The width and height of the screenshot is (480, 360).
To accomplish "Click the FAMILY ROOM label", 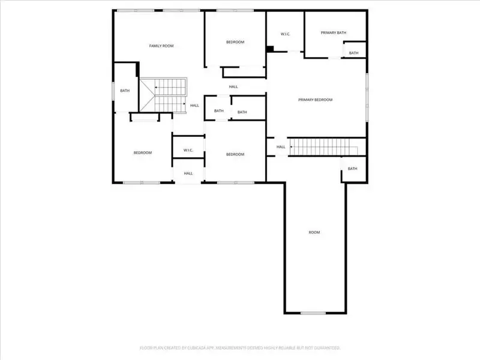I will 161,46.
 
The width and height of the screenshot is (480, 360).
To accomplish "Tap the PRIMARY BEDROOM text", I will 315,100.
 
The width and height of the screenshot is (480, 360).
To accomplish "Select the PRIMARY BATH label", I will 333,33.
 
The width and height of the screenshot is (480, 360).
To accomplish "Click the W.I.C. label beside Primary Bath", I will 285,34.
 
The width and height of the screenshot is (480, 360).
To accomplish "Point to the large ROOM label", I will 314,232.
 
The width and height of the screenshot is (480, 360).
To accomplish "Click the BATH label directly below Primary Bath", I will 353,53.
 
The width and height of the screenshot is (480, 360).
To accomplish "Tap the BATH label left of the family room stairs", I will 125,91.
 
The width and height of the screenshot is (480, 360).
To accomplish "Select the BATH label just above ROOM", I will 352,169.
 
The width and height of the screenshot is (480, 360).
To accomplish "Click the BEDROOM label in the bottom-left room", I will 142,153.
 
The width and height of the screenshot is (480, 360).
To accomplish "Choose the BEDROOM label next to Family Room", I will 235,42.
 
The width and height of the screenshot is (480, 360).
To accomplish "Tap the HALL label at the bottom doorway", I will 188,173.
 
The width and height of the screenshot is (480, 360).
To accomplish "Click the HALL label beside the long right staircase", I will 281,147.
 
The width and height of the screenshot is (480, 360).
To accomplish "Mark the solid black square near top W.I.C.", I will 270,49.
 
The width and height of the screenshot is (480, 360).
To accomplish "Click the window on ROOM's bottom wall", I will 313,313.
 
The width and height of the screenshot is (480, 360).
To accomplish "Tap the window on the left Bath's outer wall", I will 114,90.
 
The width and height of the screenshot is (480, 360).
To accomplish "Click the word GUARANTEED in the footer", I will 324,347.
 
